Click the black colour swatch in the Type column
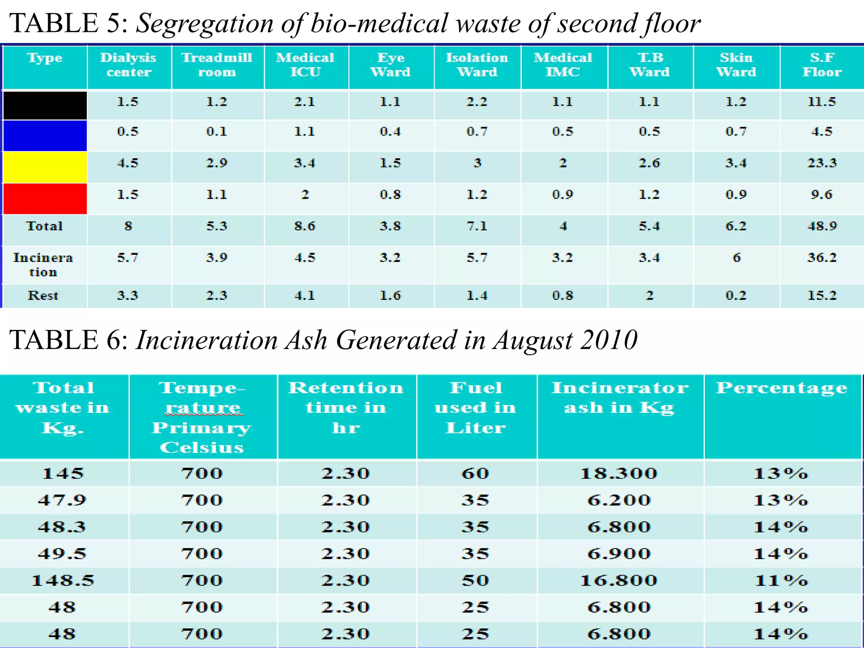[45, 105]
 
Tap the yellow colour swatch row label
[45, 167]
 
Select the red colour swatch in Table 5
[45, 198]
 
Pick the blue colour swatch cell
[45, 136]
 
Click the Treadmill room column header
[217, 65]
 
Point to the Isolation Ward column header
[477, 65]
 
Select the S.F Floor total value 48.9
[822, 226]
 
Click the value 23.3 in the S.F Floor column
[822, 163]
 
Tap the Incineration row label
[43, 265]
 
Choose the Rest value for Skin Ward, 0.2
[736, 295]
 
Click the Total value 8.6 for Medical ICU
[305, 226]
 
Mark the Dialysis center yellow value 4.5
[127, 163]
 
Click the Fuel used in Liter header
[476, 408]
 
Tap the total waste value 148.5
[63, 580]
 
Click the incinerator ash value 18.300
[619, 473]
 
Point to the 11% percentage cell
[781, 580]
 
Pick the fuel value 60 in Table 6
[475, 473]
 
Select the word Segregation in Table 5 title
[205, 24]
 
